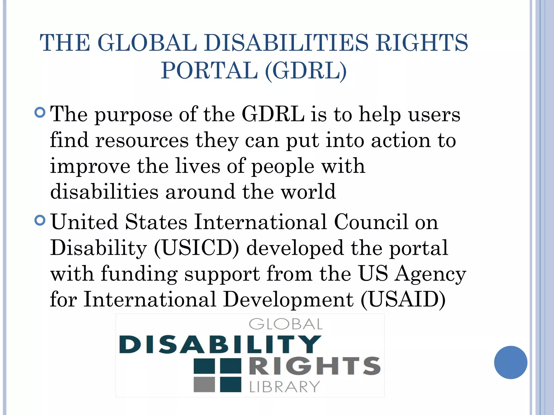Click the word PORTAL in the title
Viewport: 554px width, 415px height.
209,71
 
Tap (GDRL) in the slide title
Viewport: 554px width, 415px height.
306,71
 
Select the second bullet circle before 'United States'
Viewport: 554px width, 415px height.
40,220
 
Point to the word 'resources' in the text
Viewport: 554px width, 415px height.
142,141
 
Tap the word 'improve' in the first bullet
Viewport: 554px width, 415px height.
90,166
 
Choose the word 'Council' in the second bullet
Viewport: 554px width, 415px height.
371,222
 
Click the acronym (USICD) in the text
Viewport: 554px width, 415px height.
197,248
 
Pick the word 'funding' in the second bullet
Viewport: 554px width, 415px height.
139,274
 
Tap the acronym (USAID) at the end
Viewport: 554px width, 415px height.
403,300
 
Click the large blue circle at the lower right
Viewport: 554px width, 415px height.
510,362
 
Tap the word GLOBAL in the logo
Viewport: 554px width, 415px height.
286,324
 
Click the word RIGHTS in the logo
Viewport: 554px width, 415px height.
315,366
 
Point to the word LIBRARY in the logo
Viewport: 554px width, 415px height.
285,387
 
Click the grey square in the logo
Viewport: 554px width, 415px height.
204,384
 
